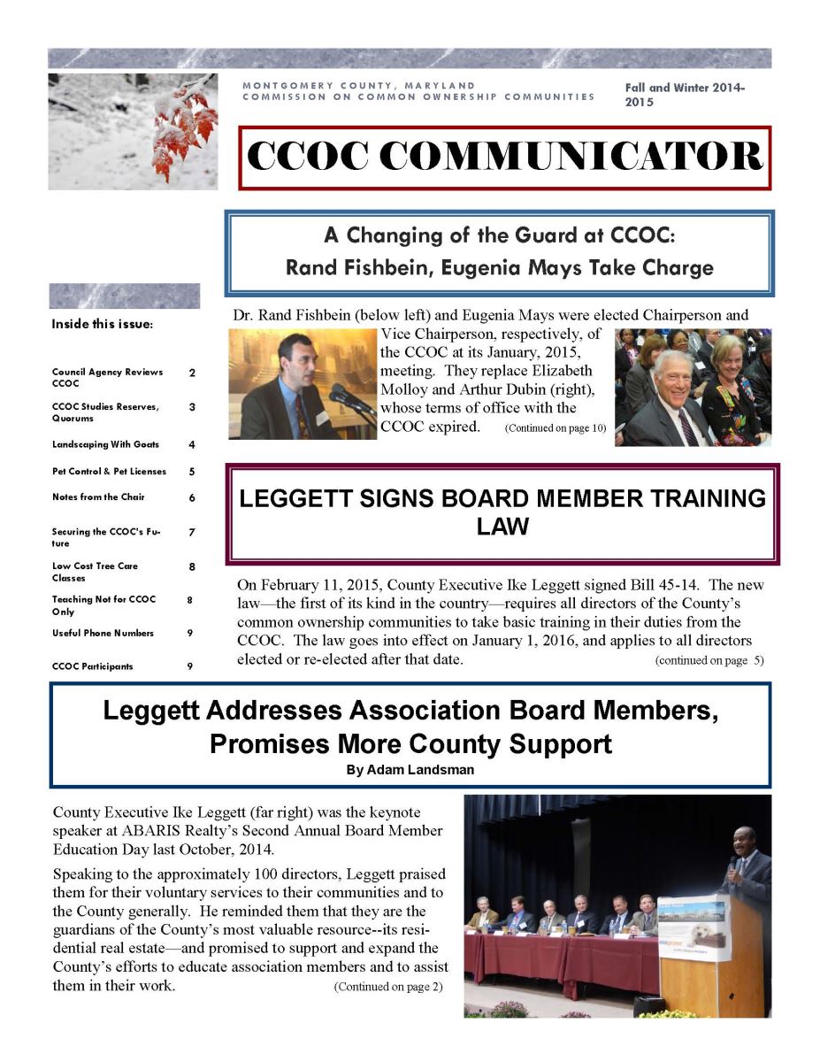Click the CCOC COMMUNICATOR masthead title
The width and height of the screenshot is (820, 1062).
504,158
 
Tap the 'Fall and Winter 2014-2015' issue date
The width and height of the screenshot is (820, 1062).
685,95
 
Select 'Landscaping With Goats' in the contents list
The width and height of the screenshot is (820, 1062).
111,444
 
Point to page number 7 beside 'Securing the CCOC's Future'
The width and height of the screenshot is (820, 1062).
192,531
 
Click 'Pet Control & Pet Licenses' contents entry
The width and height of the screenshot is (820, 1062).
109,472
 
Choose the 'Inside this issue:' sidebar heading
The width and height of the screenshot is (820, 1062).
103,324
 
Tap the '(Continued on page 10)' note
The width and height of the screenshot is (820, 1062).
556,428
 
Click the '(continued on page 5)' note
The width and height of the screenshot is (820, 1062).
709,660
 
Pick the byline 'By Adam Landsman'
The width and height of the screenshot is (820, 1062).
410,770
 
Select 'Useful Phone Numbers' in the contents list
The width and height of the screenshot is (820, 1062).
103,633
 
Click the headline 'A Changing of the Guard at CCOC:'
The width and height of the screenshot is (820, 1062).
500,236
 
